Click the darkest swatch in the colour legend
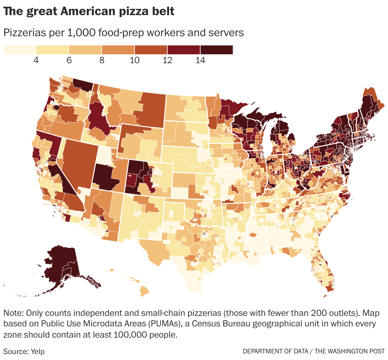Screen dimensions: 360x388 click(x=217, y=50)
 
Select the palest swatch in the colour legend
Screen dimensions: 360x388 click(x=19, y=50)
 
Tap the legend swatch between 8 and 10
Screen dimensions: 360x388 click(x=118, y=50)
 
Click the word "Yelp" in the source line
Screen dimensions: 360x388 click(x=37, y=351)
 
